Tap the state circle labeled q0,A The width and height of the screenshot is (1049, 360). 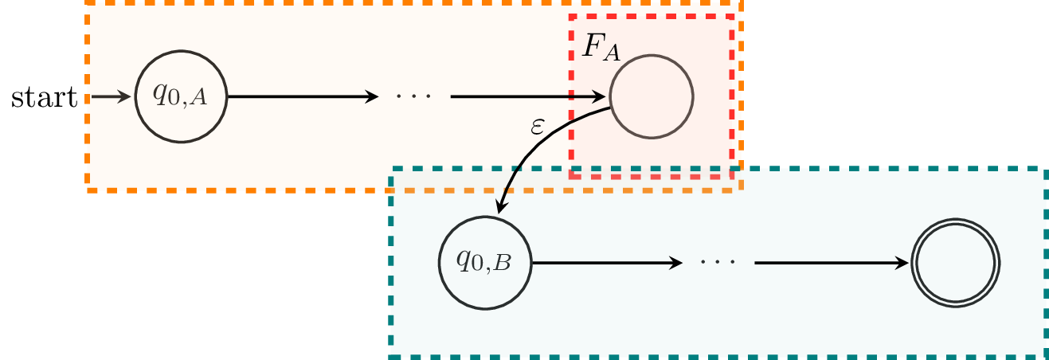[x=182, y=97]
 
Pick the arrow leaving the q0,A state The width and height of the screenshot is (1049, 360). [x=303, y=97]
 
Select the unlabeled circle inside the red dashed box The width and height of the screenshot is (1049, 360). [x=652, y=97]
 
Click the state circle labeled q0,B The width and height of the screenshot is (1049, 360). [x=484, y=263]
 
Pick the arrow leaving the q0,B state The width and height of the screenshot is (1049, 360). [x=605, y=263]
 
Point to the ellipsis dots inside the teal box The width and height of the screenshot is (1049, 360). [x=717, y=263]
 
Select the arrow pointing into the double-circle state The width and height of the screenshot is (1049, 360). [x=832, y=263]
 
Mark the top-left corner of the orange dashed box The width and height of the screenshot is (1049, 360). [x=88, y=3]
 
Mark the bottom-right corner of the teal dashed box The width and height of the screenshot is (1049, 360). [x=1045, y=356]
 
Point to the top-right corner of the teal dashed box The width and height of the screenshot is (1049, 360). [x=1045, y=170]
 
